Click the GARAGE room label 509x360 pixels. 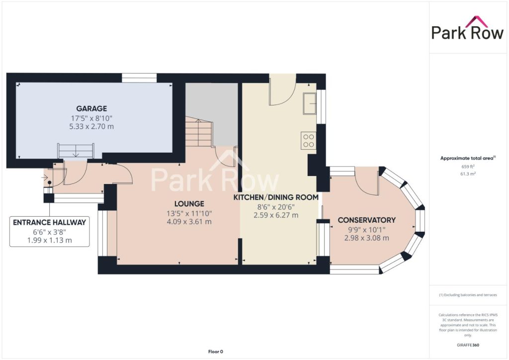click(x=91, y=108)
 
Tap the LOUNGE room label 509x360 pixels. click(x=189, y=204)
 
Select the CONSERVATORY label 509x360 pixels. click(x=366, y=220)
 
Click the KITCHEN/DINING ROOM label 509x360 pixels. click(x=276, y=197)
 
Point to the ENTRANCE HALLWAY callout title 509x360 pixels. click(x=49, y=222)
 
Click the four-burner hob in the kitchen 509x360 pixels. click(x=308, y=141)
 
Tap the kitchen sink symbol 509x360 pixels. click(x=310, y=103)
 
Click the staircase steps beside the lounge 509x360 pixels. click(x=199, y=132)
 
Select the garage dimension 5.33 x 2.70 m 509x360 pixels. click(x=91, y=127)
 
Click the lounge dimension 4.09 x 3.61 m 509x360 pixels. click(x=189, y=222)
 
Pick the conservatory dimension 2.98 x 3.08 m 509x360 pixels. click(x=366, y=238)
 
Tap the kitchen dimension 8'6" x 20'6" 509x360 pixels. click(x=276, y=207)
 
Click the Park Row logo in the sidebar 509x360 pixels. click(x=467, y=28)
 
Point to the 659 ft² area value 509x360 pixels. click(x=468, y=167)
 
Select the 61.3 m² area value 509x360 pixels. click(x=468, y=174)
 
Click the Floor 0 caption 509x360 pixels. click(x=216, y=352)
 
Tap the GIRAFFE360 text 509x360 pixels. click(x=468, y=345)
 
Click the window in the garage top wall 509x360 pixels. click(x=139, y=78)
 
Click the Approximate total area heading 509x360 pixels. click(x=467, y=159)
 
